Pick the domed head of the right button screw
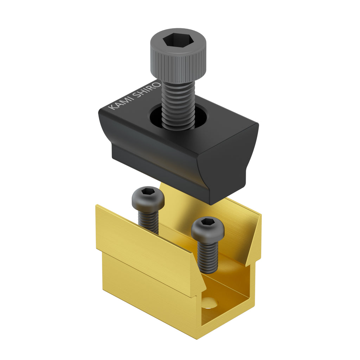pos(207,230)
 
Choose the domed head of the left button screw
pos(148,199)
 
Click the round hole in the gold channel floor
pos(210,302)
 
